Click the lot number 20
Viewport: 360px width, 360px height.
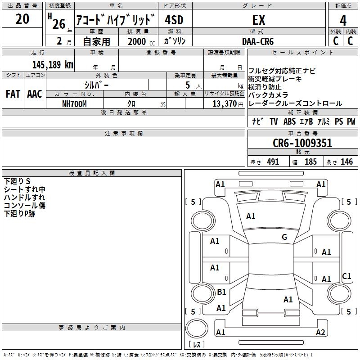click(x=22, y=19)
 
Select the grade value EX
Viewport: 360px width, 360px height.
click(x=258, y=20)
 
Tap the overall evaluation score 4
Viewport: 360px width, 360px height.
click(x=343, y=20)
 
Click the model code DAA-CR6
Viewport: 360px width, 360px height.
click(x=258, y=41)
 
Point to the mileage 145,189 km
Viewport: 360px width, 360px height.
click(x=53, y=64)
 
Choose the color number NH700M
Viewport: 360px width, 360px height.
click(x=74, y=104)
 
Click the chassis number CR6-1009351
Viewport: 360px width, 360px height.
click(x=302, y=143)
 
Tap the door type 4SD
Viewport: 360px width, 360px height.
click(x=175, y=20)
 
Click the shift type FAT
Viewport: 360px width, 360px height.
click(x=13, y=94)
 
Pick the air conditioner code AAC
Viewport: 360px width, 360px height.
click(x=35, y=94)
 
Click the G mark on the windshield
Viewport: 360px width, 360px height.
click(x=284, y=237)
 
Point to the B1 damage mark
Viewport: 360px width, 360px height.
click(x=221, y=292)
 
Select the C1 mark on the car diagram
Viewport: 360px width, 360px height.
click(x=346, y=276)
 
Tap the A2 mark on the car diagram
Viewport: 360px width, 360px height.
click(x=320, y=333)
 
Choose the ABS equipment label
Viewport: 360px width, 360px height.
click(x=289, y=121)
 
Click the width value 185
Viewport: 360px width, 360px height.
click(x=310, y=162)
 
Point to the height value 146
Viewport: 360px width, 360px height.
click(x=346, y=162)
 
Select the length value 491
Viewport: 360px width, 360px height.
click(x=273, y=162)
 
